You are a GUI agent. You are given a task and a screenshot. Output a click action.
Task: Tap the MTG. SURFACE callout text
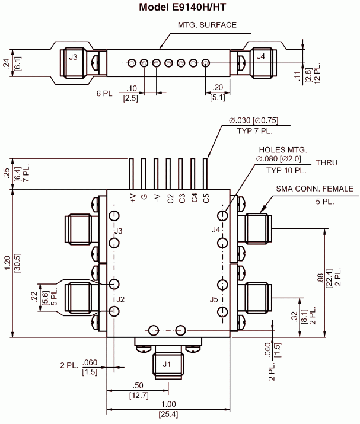click(x=207, y=25)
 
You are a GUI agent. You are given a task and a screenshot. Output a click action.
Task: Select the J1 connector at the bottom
click(x=167, y=364)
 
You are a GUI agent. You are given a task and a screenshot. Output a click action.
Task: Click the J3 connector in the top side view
click(x=73, y=58)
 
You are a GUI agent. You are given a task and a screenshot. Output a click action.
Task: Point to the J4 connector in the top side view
click(x=262, y=57)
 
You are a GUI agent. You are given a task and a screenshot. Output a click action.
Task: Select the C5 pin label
click(x=206, y=198)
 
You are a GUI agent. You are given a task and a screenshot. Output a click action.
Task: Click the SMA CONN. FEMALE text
click(x=314, y=189)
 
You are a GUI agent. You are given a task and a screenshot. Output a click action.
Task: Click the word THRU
click(x=326, y=162)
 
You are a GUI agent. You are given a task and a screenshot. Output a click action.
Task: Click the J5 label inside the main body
click(x=214, y=299)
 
